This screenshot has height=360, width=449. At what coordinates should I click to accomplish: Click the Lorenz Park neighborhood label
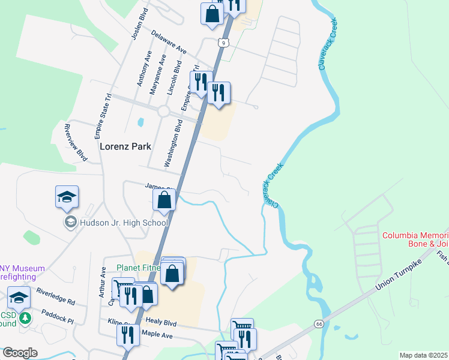click(125, 146)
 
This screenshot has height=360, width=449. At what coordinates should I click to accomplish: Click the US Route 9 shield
click(223, 43)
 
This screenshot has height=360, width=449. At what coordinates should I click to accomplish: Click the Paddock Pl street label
click(57, 316)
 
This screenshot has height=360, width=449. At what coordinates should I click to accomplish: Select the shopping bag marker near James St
click(164, 200)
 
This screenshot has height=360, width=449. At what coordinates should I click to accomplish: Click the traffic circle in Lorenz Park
click(164, 111)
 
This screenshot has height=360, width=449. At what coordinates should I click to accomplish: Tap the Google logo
click(19, 353)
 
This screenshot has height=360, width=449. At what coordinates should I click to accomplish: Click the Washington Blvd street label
click(173, 143)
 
